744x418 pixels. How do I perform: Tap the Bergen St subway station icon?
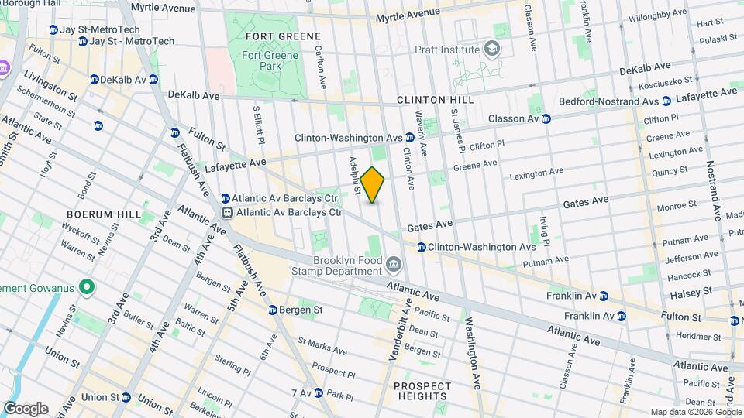(x=273, y=310)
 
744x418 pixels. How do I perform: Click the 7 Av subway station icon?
(x=318, y=393)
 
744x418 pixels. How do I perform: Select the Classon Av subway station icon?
(x=546, y=119)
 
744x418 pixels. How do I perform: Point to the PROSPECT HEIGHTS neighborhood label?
(x=422, y=392)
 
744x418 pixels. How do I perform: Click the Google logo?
(x=26, y=409)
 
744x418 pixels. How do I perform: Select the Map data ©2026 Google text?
(x=694, y=412)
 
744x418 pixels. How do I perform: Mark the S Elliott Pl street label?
(x=257, y=125)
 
